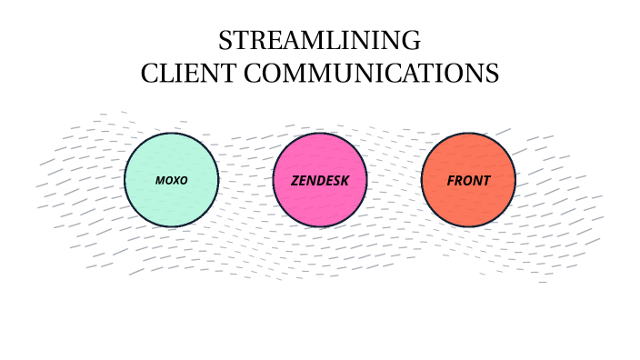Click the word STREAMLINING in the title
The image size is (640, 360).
[319, 41]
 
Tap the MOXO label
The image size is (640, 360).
[171, 180]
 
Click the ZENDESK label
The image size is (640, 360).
[320, 180]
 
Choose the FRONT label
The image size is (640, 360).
[468, 180]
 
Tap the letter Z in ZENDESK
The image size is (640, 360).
[295, 180]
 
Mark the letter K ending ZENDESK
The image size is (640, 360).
[345, 180]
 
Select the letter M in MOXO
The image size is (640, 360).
[160, 180]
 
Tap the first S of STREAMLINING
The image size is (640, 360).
[225, 41]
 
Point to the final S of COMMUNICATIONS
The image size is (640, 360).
[493, 74]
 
